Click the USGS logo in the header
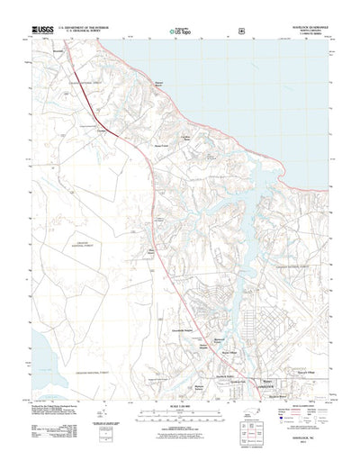tap(45, 30)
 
